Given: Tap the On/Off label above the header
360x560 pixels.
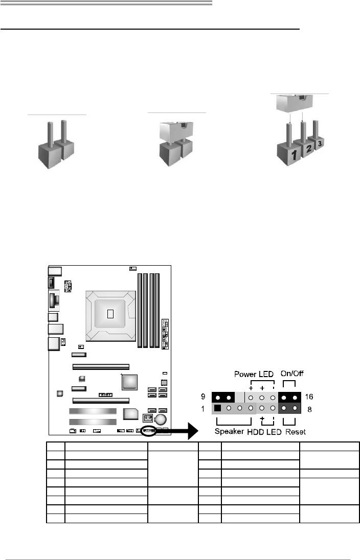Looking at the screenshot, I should click(291, 374).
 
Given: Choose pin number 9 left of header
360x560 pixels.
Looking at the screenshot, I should click(204, 396).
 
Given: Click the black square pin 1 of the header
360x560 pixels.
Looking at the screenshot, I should click(217, 408).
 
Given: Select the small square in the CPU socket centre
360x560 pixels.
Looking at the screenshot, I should click(109, 313).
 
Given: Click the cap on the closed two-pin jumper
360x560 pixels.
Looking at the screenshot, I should click(176, 131).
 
